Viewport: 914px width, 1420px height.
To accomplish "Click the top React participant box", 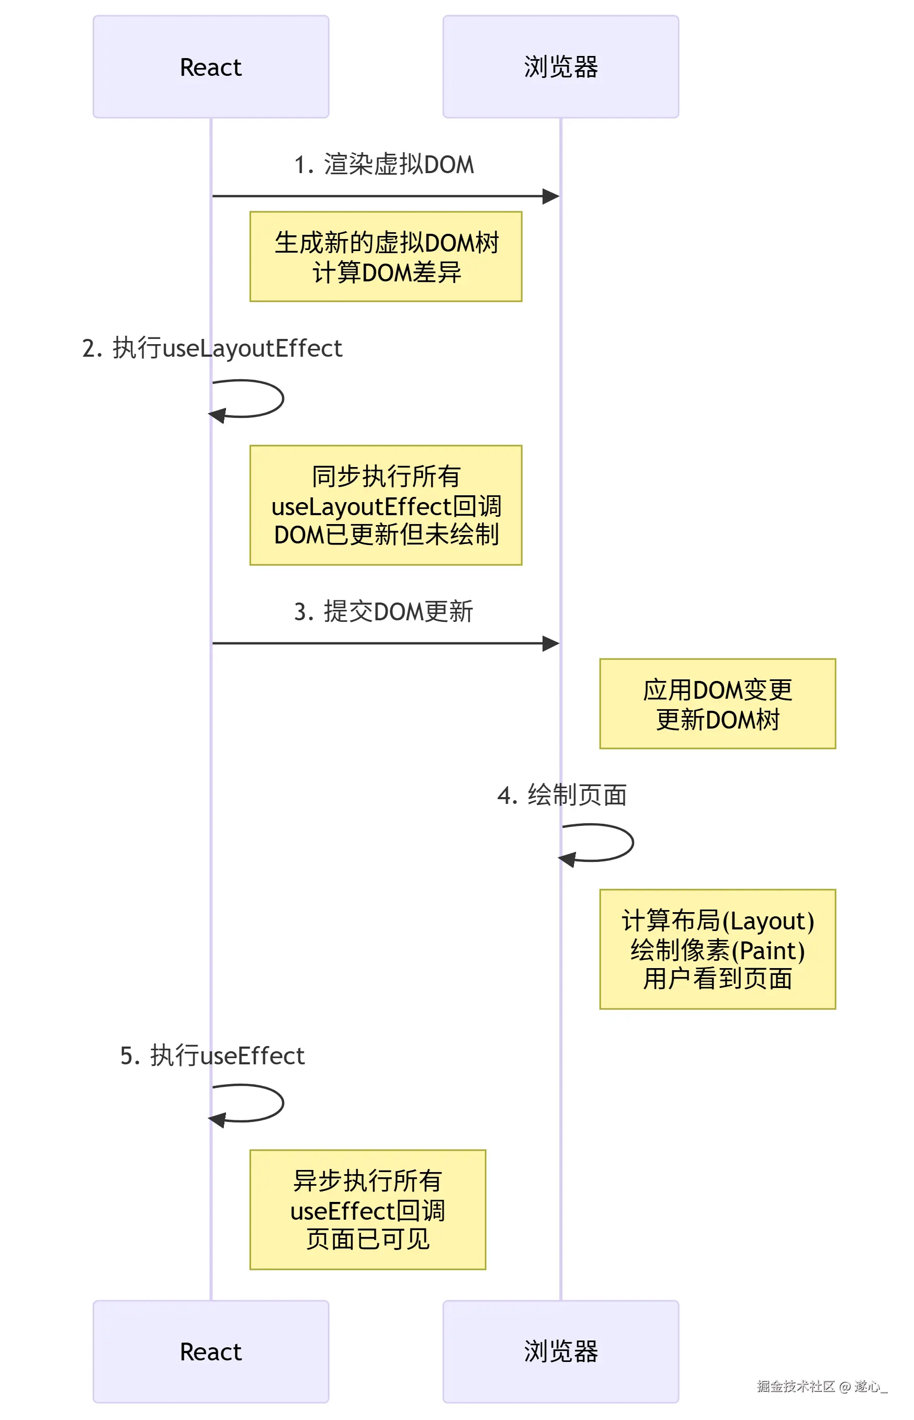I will coord(211,66).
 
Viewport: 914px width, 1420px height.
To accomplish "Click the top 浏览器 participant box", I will coord(560,66).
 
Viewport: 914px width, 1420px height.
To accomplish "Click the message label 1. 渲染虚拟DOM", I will coord(384,164).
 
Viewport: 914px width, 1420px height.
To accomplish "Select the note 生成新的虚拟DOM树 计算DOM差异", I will coord(386,257).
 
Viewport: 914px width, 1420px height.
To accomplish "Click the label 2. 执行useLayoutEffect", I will coord(212,348).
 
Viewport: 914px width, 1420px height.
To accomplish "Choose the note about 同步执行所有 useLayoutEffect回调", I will coord(386,505).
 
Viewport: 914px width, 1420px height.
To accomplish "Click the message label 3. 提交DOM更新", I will coord(384,611).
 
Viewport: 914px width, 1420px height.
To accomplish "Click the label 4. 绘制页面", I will coord(561,795).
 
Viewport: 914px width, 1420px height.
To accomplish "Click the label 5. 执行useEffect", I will coord(212,1056).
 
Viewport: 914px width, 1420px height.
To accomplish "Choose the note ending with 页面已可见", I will coord(367,1210).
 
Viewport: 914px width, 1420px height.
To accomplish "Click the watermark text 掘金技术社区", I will coord(795,1386).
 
